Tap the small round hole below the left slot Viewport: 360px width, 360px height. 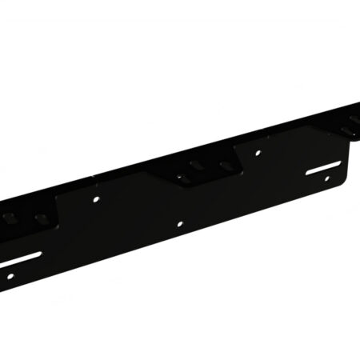click(x=10, y=276)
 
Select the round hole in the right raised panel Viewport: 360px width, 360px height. click(x=257, y=151)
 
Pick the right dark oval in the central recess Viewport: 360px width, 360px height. click(x=228, y=166)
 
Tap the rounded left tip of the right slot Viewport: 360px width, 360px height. click(x=308, y=173)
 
